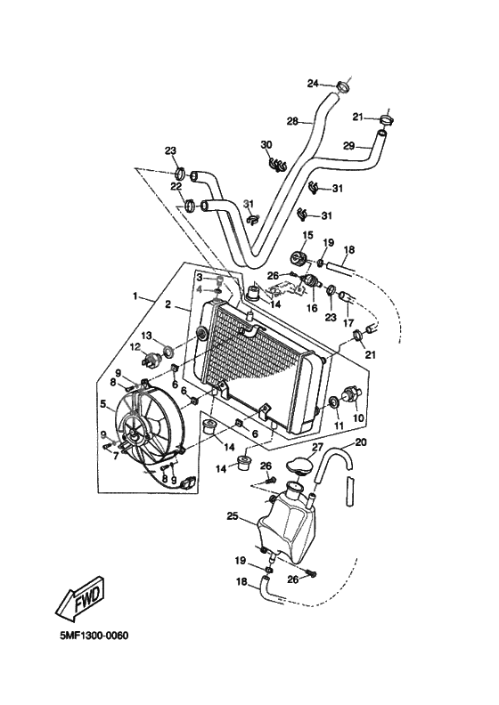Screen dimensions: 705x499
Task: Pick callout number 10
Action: coord(359,417)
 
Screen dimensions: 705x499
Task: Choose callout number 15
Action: coord(307,235)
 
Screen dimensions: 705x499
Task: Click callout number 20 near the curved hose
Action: coord(360,442)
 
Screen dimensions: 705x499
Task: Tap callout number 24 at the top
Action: coord(313,84)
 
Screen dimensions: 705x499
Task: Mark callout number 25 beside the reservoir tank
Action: coord(232,515)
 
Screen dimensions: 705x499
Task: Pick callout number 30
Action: coord(266,144)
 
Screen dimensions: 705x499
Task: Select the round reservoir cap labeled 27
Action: coord(299,466)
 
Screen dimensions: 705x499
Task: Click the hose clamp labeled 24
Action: coord(343,86)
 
